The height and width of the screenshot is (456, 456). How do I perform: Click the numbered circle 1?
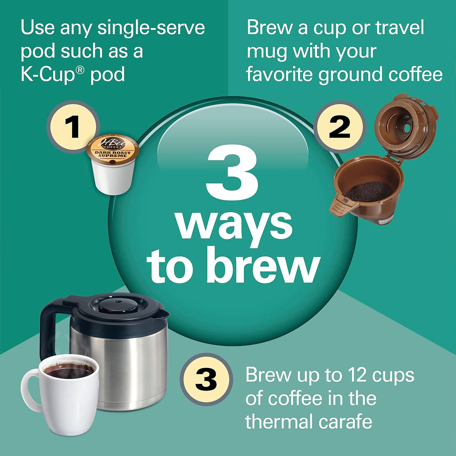[x=73, y=127]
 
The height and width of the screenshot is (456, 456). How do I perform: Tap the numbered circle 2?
[x=340, y=127]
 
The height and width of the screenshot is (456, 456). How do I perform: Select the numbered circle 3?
[x=206, y=379]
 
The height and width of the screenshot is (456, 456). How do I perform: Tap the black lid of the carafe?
[x=118, y=306]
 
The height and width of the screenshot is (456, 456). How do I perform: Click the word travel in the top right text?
[x=400, y=28]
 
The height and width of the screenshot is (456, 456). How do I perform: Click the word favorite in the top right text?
[x=279, y=74]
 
